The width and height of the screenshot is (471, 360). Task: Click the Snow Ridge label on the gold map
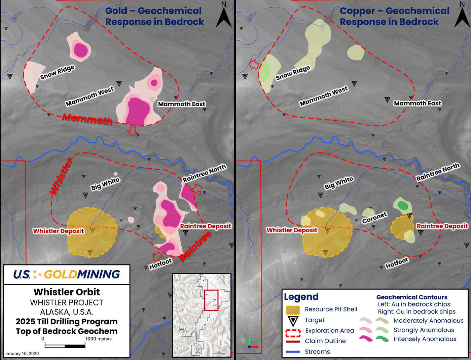(57, 72)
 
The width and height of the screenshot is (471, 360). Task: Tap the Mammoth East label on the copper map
(417, 103)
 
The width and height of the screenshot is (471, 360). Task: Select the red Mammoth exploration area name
(87, 118)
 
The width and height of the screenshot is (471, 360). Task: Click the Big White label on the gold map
(105, 184)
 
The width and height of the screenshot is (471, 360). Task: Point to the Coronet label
(374, 218)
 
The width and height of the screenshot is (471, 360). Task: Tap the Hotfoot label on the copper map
(397, 263)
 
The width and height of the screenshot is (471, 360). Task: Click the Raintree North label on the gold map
(204, 173)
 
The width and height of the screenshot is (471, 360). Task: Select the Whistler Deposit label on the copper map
(292, 230)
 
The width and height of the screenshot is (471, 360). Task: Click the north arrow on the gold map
(224, 15)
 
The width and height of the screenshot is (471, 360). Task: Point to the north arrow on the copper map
(462, 15)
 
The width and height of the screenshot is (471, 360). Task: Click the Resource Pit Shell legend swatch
(293, 310)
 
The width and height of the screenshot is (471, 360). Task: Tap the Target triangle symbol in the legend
(293, 321)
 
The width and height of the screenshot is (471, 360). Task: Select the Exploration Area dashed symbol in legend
(293, 333)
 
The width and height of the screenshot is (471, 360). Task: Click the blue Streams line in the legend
(293, 352)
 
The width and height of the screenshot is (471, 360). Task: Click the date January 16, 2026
(22, 354)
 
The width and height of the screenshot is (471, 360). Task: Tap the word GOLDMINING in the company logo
(82, 275)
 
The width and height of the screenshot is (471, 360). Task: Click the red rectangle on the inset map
(211, 300)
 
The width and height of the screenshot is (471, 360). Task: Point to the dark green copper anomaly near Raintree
(403, 205)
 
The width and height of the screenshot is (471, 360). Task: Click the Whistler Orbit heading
(67, 292)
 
